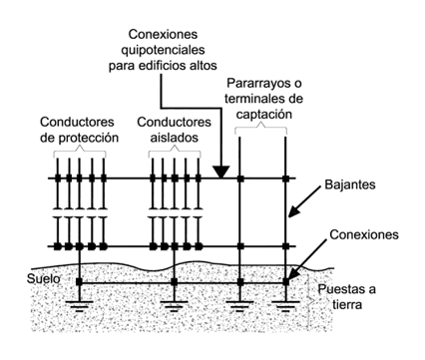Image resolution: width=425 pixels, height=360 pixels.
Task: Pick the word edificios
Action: [174, 66]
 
